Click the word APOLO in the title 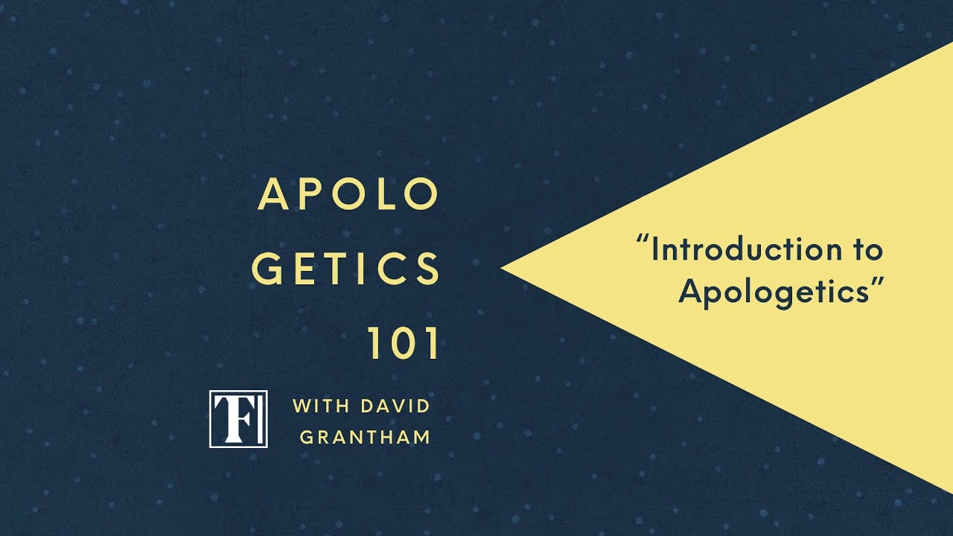[348, 195]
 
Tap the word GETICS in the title [346, 269]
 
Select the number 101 [404, 343]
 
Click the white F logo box [238, 418]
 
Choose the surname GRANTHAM [365, 437]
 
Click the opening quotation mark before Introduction [643, 243]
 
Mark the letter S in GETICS [427, 269]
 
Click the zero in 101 [404, 343]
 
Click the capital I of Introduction [655, 250]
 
